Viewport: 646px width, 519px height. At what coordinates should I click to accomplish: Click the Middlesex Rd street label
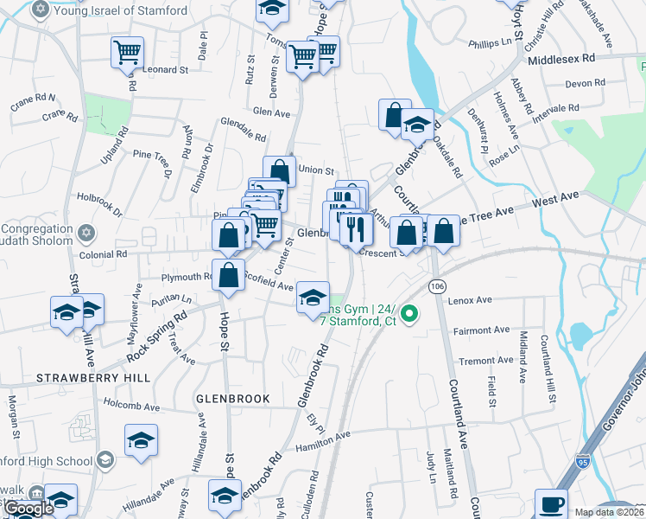tap(561, 58)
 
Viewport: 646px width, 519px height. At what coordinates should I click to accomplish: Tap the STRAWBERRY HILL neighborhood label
tap(93, 378)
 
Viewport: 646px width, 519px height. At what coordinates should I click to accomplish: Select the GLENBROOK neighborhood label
tap(233, 399)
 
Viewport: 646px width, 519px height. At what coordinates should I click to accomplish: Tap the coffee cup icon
tap(551, 503)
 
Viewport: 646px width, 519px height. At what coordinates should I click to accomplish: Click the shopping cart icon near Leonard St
tap(127, 53)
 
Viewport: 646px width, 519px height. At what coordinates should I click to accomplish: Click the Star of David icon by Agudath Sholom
tap(85, 233)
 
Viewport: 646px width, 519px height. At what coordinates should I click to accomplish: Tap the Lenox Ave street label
tap(470, 300)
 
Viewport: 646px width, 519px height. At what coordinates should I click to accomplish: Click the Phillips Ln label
tap(490, 42)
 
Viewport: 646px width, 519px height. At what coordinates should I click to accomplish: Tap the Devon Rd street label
tap(585, 83)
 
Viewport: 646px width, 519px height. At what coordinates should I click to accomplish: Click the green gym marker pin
tap(410, 315)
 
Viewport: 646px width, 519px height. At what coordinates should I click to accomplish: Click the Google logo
tap(28, 509)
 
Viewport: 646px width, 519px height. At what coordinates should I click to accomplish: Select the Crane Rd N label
tap(34, 99)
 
